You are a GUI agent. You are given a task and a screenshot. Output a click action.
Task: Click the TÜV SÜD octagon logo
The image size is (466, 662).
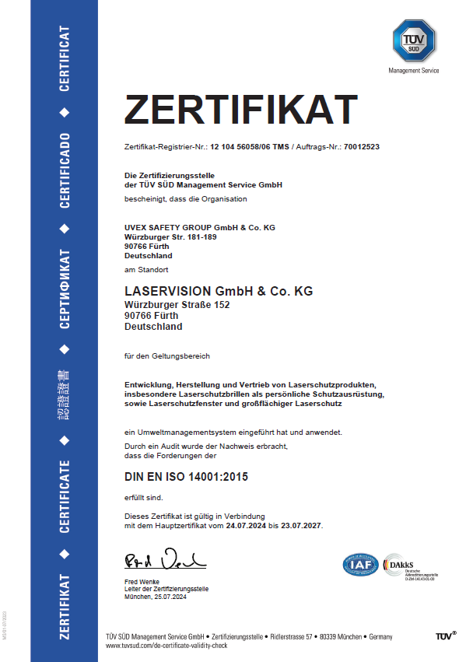(413, 40)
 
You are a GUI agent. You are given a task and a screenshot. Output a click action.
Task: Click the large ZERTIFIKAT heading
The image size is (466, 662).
(240, 110)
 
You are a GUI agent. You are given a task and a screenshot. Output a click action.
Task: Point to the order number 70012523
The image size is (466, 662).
(362, 147)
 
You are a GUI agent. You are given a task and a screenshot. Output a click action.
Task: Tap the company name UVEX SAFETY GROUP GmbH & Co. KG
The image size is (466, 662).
(200, 227)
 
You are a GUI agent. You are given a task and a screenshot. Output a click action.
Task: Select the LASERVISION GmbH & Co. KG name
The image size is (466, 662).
(219, 291)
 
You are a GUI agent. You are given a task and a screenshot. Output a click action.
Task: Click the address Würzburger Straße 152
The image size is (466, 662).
(177, 305)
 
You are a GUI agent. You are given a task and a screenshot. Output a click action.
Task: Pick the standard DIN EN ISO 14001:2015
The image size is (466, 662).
(186, 476)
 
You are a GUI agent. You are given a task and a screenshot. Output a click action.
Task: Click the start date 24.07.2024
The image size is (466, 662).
(247, 526)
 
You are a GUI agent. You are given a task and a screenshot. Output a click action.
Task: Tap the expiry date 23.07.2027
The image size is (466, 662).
(300, 526)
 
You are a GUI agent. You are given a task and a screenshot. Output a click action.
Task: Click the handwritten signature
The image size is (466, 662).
(164, 559)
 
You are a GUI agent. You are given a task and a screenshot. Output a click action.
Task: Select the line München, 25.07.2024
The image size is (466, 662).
(156, 597)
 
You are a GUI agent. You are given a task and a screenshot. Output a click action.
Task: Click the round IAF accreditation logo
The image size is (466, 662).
(361, 565)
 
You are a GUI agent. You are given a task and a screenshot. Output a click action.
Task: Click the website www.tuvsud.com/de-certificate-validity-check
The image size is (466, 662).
(166, 646)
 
